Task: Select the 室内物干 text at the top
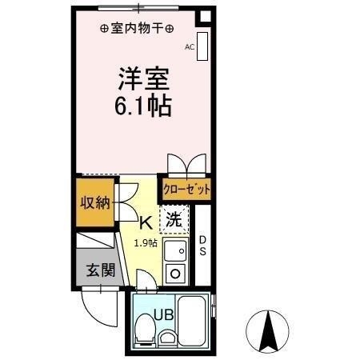point(137,28)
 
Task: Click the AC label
point(190,47)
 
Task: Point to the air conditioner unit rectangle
point(202,46)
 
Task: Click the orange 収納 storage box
point(94,201)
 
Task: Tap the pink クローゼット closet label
point(186,190)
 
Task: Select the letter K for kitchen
point(146,222)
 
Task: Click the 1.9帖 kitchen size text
point(146,242)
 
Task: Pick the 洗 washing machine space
point(174,217)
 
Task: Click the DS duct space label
point(202,245)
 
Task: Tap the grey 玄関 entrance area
point(100,269)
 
